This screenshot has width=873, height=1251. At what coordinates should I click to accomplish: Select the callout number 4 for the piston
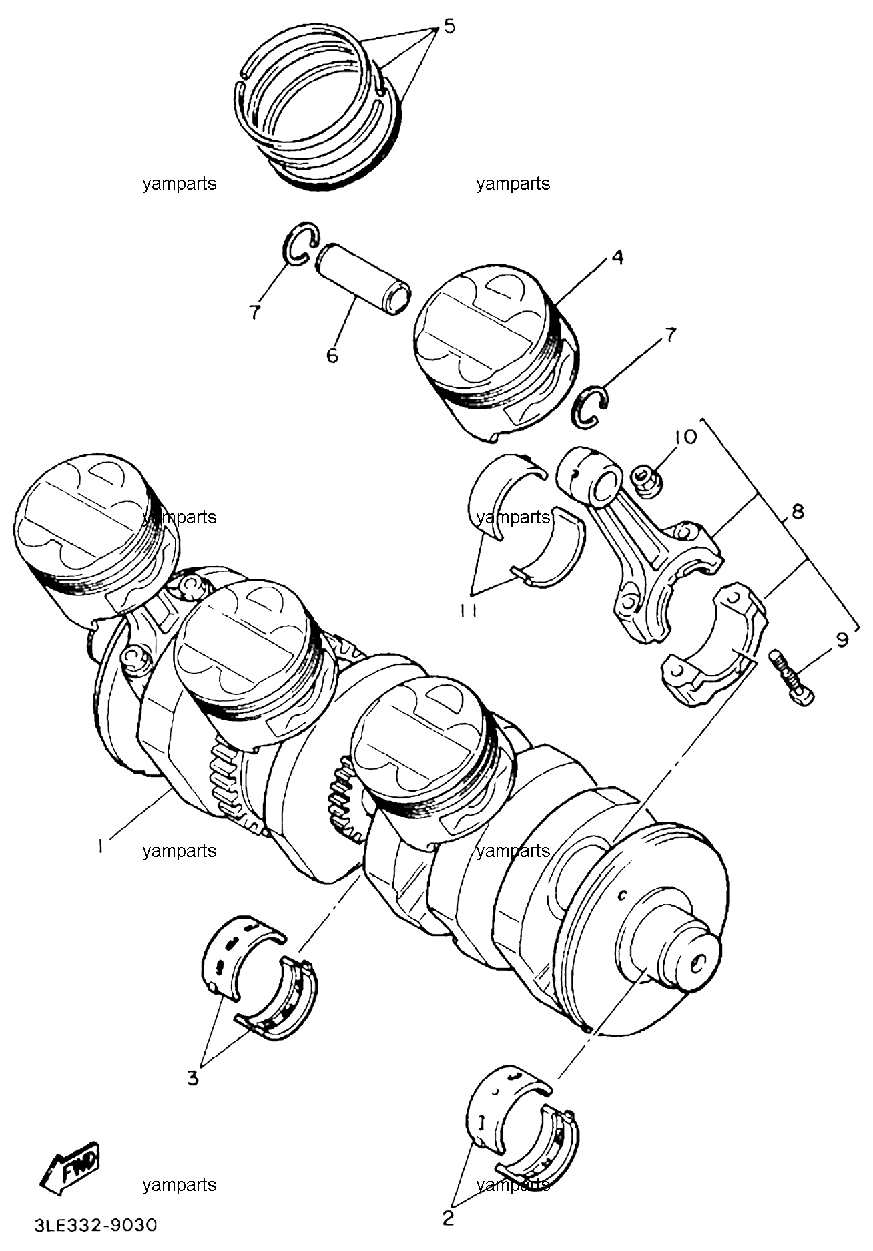click(618, 257)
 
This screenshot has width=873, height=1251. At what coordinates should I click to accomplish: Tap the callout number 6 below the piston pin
click(332, 355)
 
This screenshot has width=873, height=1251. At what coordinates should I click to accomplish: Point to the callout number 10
click(685, 437)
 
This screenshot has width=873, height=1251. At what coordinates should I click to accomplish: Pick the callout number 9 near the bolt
click(842, 640)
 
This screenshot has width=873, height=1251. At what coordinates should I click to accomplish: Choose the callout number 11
click(469, 611)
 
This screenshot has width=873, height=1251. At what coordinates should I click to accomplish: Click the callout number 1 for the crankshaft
click(100, 846)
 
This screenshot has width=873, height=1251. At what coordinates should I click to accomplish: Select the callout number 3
click(193, 1078)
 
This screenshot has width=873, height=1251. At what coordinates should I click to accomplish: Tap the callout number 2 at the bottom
click(449, 1218)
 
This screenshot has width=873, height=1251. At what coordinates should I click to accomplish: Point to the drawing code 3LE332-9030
click(96, 1226)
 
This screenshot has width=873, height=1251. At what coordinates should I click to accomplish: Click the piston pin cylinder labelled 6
click(362, 280)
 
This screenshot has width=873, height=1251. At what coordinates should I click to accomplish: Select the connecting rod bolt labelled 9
click(793, 678)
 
